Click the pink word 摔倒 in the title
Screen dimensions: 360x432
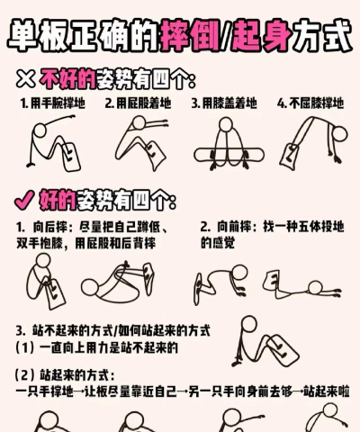click(191, 36)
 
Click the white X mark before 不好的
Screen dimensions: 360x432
click(25, 78)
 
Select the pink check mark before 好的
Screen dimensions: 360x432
click(24, 200)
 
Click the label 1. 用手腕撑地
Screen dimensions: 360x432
click(53, 103)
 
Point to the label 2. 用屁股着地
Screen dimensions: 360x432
click(138, 103)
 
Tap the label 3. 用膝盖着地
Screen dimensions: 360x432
click(224, 103)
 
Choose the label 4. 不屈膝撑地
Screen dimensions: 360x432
click(310, 103)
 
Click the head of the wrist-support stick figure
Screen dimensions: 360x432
click(40, 130)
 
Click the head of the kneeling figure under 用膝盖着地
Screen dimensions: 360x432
click(226, 124)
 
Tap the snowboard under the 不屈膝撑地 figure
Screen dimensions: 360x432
click(290, 156)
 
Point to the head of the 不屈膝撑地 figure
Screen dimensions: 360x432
click(339, 133)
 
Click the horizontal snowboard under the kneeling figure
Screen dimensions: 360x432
click(229, 156)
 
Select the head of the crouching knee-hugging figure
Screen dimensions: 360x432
click(43, 261)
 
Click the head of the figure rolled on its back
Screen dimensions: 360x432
click(90, 287)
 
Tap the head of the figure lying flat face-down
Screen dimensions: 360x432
click(315, 287)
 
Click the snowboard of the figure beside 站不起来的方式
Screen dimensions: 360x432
click(282, 349)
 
